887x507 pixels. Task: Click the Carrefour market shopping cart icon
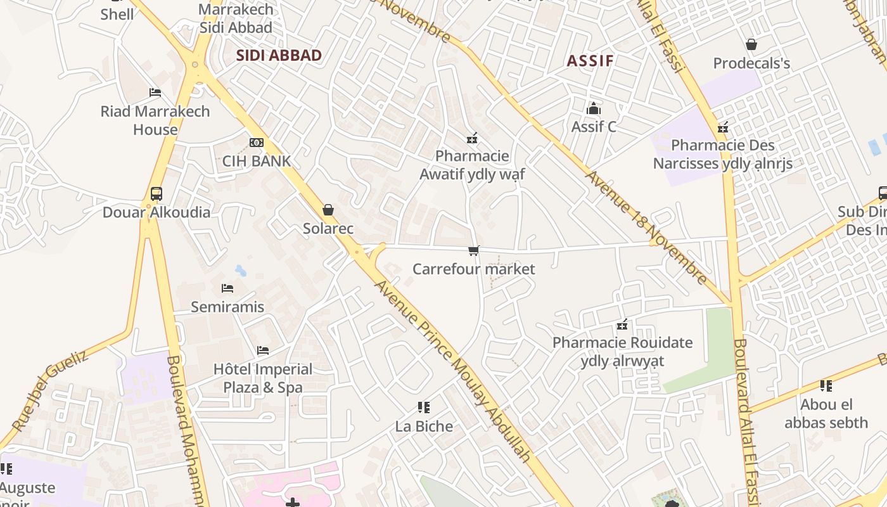point(473,251)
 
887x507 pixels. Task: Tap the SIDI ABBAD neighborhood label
point(279,55)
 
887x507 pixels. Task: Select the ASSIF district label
point(590,61)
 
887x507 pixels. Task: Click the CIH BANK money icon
point(257,143)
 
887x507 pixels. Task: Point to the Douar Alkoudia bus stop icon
point(156,194)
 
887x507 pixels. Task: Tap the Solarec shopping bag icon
point(328,210)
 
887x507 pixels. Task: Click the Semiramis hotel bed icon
point(227,288)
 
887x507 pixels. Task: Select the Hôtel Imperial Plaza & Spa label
point(263,378)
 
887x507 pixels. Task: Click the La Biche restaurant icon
point(424,408)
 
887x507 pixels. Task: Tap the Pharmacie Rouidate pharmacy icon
point(622,325)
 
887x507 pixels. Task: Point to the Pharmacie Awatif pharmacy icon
point(471,138)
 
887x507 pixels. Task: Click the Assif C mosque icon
point(593,108)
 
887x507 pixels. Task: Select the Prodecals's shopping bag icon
point(751,44)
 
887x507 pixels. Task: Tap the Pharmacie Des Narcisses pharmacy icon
point(722,127)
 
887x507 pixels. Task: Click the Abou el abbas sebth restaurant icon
point(826,385)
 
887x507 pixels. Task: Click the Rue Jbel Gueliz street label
point(49,393)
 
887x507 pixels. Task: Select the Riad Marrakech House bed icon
point(155,93)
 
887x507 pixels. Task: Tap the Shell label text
point(117,14)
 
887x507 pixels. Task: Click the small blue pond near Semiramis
point(241,271)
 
